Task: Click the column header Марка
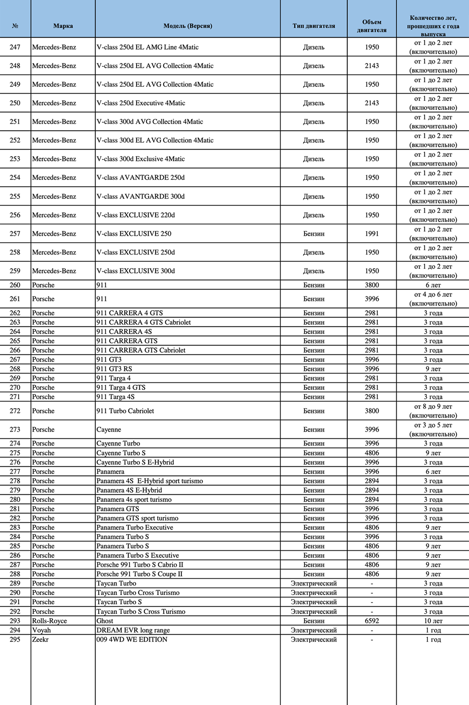click(63, 26)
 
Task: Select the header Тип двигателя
click(313, 26)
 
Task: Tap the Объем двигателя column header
click(371, 26)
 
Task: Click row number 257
click(15, 234)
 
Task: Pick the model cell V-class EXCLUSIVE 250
click(134, 234)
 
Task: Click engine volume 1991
click(371, 234)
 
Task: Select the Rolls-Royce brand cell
click(50, 621)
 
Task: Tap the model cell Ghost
click(105, 621)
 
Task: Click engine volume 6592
click(371, 621)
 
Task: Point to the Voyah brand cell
click(41, 630)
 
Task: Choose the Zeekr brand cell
click(40, 639)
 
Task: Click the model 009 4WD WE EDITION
click(132, 639)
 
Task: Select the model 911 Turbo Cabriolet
click(125, 411)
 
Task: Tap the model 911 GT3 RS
click(114, 369)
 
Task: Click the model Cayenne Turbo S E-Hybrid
click(135, 462)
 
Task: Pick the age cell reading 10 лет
click(433, 621)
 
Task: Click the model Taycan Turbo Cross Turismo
click(138, 593)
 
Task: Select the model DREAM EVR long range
click(133, 630)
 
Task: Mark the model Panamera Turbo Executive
click(135, 527)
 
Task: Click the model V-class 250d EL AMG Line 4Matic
click(147, 47)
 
